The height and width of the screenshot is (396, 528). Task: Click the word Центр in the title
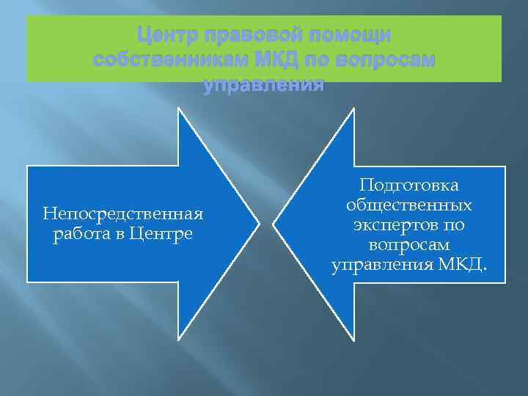(x=164, y=36)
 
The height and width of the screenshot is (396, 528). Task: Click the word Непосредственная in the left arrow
(x=122, y=214)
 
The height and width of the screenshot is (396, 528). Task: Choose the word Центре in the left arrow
(x=166, y=234)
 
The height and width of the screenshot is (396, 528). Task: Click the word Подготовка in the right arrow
(x=408, y=186)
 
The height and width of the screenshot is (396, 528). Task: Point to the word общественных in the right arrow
(x=408, y=205)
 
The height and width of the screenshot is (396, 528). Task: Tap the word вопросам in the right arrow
(x=408, y=243)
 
